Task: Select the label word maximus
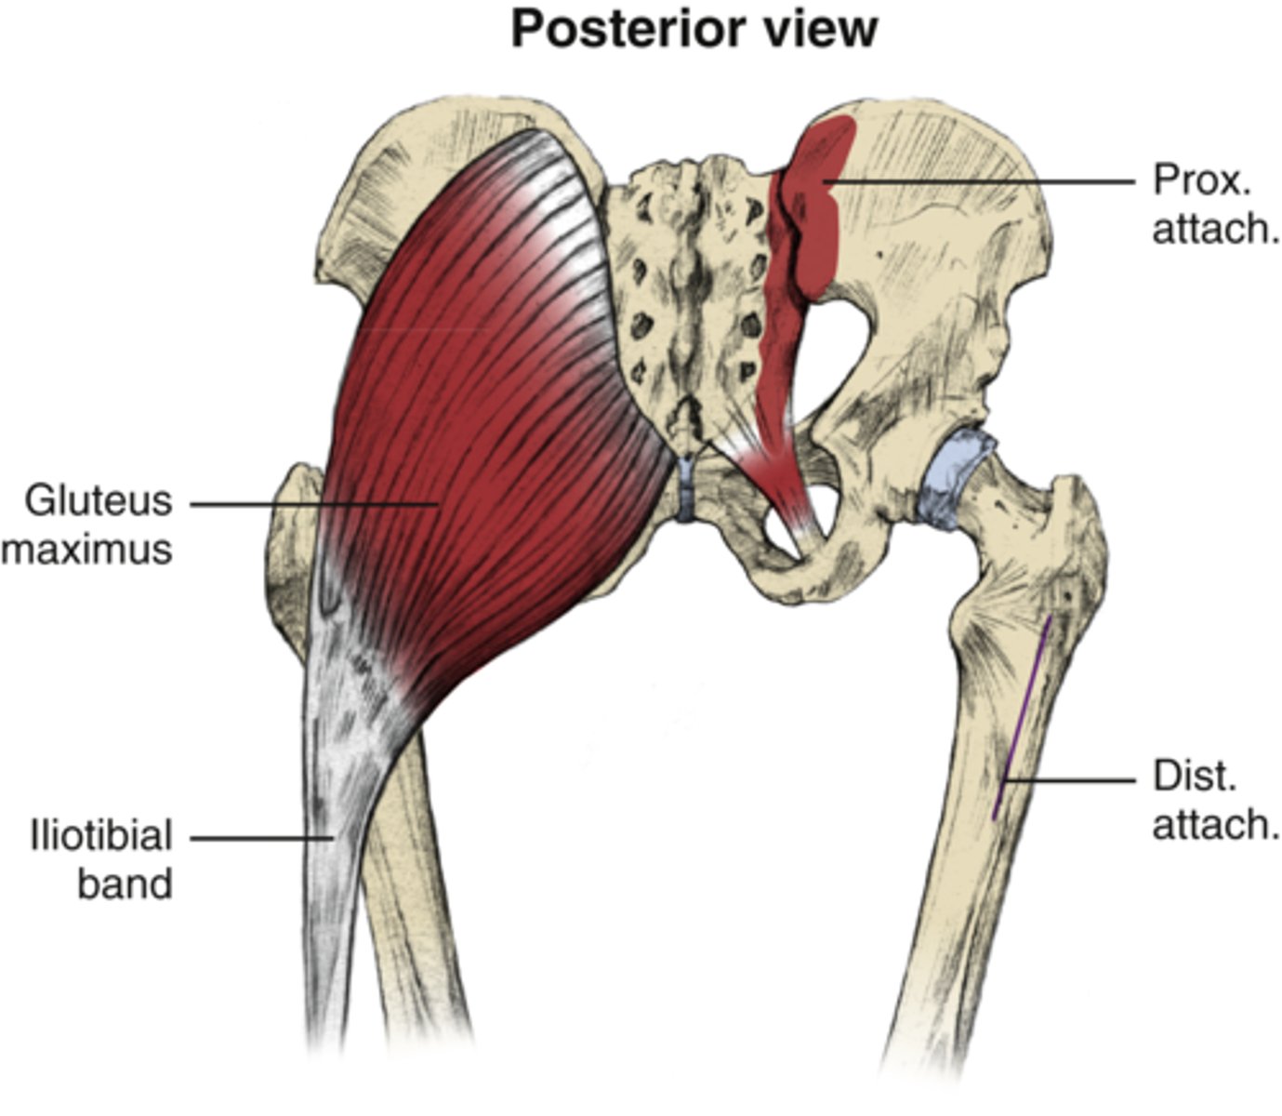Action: pos(87,549)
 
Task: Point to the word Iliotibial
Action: pos(101,836)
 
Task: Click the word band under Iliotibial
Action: pos(125,883)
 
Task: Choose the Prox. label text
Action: pos(1202,179)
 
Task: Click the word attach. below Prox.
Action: pos(1215,228)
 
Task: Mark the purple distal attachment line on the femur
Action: pos(1023,716)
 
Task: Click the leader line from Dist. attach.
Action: pos(1069,779)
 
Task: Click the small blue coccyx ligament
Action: pos(686,488)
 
